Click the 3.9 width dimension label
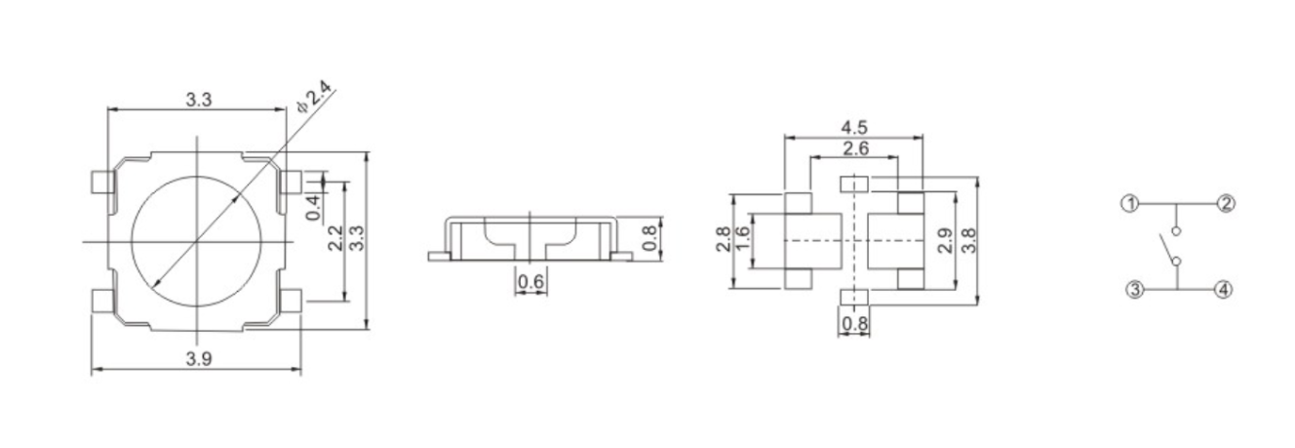tap(198, 358)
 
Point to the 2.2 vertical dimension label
tap(334, 238)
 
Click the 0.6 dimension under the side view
tap(530, 282)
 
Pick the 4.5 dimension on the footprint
tap(854, 127)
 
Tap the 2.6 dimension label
tap(854, 148)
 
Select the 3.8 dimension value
tap(968, 240)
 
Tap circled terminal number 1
tap(1129, 204)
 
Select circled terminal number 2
tap(1225, 204)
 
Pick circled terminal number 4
tap(1224, 289)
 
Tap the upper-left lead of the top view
tap(99, 182)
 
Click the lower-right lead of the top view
tap(292, 300)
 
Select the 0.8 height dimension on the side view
tap(651, 237)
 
